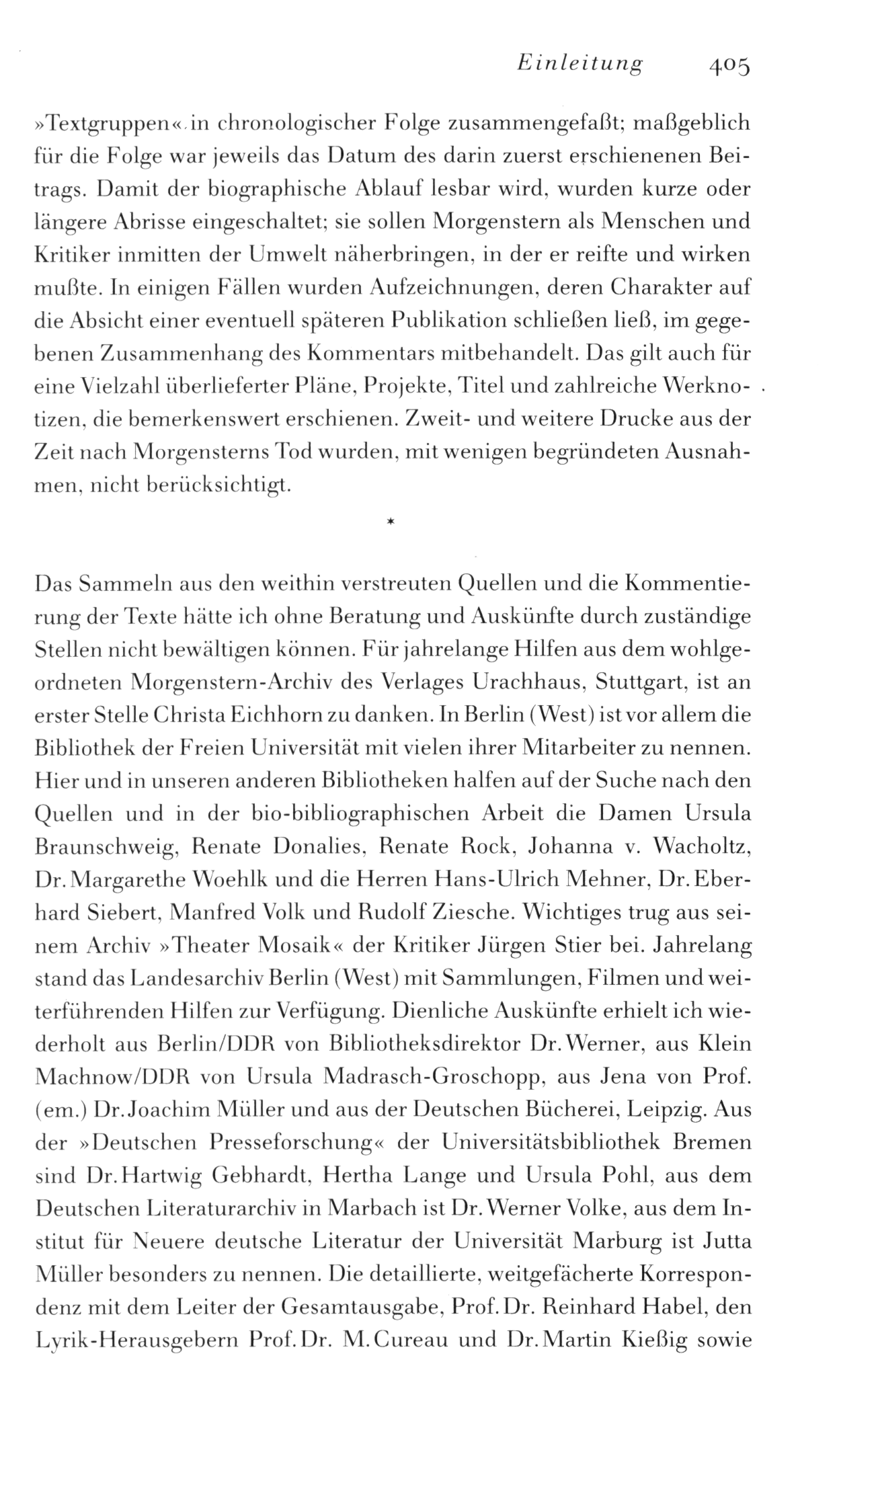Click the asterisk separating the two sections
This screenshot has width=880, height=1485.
point(390,520)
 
